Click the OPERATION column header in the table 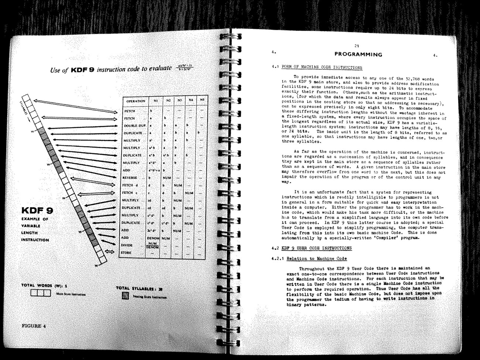point(136,101)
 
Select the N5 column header point(202,100)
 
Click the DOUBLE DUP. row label point(135,126)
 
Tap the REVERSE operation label point(130,178)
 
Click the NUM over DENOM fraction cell point(152,246)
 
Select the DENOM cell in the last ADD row point(152,238)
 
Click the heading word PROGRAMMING point(358,55)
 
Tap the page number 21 point(357,46)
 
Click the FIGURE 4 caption point(34,326)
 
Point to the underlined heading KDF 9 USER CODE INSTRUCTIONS point(316,248)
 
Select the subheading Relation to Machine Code point(316,258)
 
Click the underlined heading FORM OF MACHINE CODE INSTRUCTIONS point(322,68)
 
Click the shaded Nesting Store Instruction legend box point(125,296)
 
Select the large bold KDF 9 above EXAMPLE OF point(37,211)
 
